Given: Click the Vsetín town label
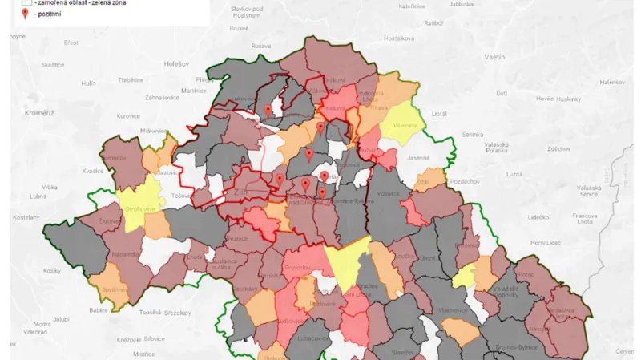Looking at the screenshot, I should pyautogui.click(x=494, y=59).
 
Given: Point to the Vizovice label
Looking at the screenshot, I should pyautogui.click(x=389, y=193).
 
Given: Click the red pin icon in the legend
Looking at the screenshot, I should pyautogui.click(x=25, y=13).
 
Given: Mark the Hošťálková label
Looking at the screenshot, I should pyautogui.click(x=397, y=38).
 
